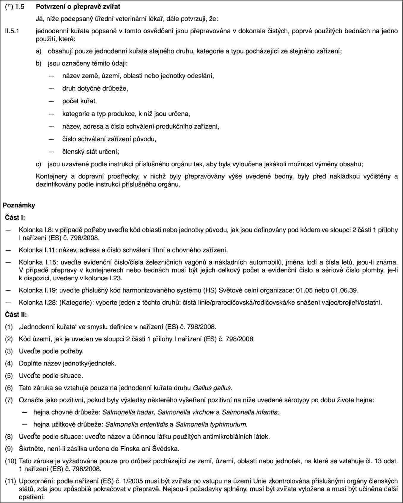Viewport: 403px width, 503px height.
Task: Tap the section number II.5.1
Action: [13, 31]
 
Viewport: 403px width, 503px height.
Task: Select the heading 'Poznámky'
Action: [19, 205]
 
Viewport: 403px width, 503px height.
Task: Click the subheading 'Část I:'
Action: [15, 218]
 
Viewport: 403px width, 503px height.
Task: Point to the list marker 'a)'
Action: [39, 51]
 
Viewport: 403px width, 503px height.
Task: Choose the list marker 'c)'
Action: [39, 164]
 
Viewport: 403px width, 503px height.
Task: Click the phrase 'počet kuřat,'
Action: [79, 101]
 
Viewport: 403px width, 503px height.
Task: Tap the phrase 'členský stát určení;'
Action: [91, 151]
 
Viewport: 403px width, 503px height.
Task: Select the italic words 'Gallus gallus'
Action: [212, 388]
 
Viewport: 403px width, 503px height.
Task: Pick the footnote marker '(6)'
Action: [9, 388]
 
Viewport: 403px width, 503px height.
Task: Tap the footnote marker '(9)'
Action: [9, 448]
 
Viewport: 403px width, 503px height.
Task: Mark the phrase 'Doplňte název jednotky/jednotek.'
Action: [67, 363]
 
